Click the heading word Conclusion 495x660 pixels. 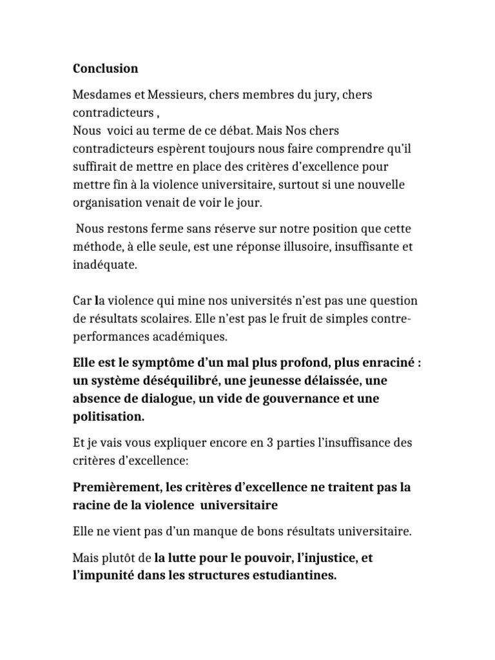106,68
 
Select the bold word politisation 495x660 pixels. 108,416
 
